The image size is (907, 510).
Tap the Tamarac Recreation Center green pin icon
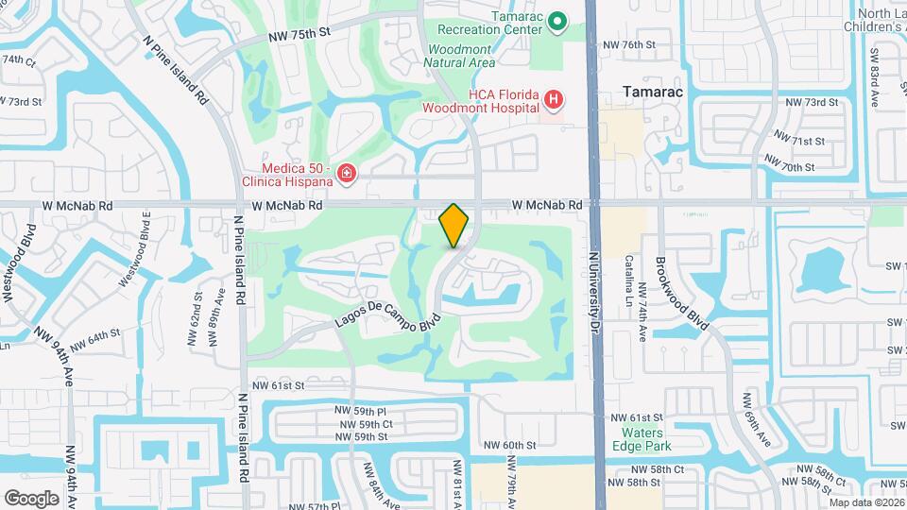tap(557, 22)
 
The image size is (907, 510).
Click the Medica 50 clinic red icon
tap(347, 173)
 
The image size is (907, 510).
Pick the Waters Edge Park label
tap(639, 438)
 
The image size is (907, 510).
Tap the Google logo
tap(31, 498)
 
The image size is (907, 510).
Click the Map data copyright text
tap(866, 502)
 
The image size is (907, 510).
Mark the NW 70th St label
tap(790, 167)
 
